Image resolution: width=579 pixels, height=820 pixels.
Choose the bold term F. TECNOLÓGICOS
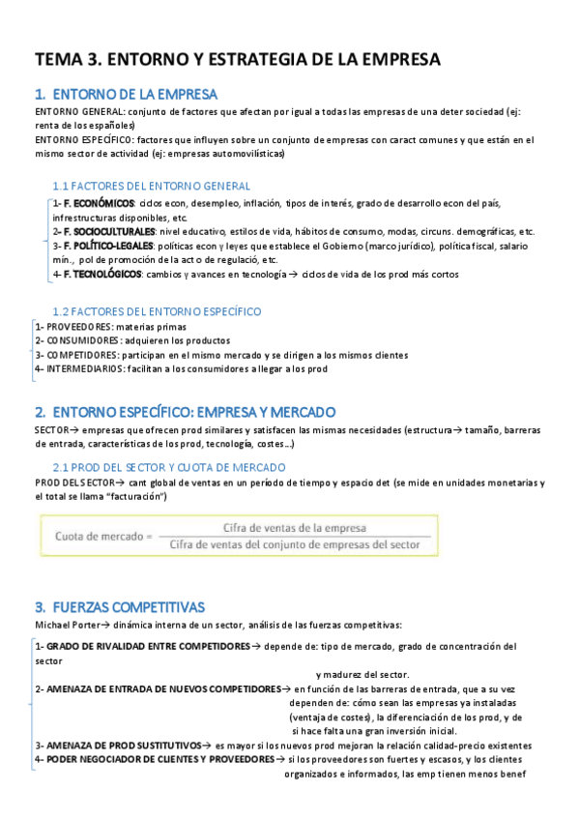(101, 275)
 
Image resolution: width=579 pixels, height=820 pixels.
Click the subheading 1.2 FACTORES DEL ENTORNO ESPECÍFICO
(157, 311)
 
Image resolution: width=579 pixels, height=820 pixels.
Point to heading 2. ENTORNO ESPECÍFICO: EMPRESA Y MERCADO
(184, 411)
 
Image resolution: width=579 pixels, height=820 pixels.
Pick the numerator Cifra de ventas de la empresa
(295, 528)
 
